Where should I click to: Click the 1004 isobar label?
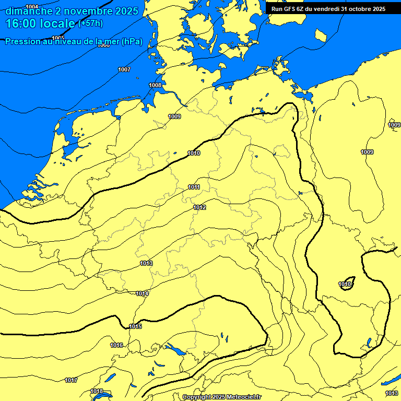tap(32, 7)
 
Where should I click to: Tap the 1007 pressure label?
tap(124, 69)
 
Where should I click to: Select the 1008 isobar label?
tap(155, 85)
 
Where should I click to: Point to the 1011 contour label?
tap(194, 187)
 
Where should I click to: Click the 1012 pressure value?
tap(199, 207)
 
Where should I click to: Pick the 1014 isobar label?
tap(143, 293)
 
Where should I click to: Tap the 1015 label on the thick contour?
tap(135, 326)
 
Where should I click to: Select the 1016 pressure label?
tap(116, 345)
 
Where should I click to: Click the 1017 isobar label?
tap(72, 380)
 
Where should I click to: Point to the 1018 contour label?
tap(97, 391)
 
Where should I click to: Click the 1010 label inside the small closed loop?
tap(345, 284)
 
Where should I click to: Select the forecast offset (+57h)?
tap(90, 23)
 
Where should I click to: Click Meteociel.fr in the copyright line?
tap(242, 397)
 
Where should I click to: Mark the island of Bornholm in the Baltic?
tap(321, 35)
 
